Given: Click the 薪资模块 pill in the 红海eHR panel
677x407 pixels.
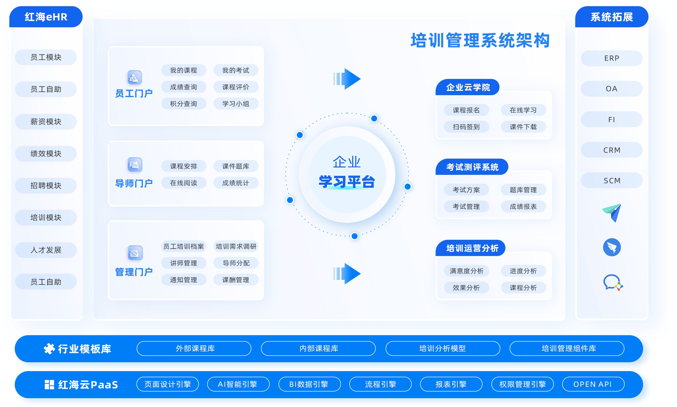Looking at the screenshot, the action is [x=46, y=121].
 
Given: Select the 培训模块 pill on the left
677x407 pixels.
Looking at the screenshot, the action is [x=46, y=217].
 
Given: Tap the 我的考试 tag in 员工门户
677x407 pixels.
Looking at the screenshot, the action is [x=236, y=70].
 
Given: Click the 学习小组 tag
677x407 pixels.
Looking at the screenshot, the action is [x=236, y=104].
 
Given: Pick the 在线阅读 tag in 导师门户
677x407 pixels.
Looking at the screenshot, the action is [x=184, y=183].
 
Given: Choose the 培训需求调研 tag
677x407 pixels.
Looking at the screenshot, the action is [x=236, y=246].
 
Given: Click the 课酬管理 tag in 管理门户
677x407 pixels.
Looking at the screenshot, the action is [x=236, y=280].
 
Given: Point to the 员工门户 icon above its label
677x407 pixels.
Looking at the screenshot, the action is [x=134, y=78].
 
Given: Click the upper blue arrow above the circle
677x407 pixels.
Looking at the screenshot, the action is [x=347, y=79].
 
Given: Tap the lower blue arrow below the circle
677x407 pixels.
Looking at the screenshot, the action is [x=347, y=274].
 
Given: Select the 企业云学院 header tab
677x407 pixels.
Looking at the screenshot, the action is [x=468, y=87].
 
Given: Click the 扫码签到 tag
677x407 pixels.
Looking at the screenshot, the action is [x=466, y=127].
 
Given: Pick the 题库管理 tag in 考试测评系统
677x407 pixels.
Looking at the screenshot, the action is [x=523, y=190].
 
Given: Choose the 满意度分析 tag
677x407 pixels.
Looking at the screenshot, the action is [x=466, y=271].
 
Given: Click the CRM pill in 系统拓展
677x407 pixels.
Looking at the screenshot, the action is [x=612, y=150].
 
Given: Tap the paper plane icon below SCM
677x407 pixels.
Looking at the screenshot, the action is [x=612, y=213].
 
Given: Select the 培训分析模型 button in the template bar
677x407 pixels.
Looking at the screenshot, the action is [x=443, y=348].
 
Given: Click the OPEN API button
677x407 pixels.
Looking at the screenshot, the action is [x=593, y=384].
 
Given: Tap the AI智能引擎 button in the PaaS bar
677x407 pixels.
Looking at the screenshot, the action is [x=238, y=384].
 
